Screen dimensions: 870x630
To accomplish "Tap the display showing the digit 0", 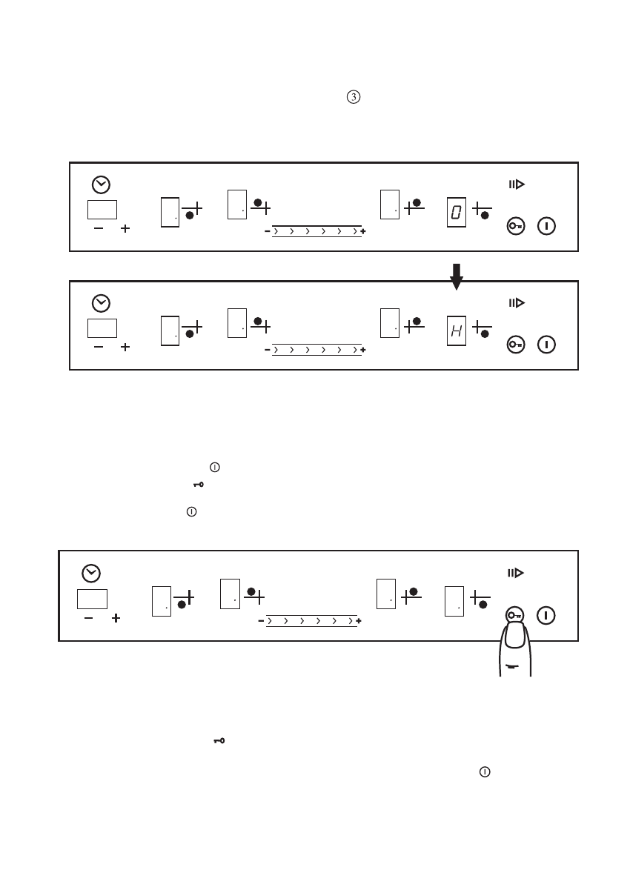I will click(x=457, y=213).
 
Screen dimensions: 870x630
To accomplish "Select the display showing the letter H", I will click(x=457, y=331).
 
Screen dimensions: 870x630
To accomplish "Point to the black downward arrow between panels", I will click(x=457, y=276).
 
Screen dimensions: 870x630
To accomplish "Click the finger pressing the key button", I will click(x=514, y=648).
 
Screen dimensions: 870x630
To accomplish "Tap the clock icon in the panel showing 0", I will click(x=101, y=185).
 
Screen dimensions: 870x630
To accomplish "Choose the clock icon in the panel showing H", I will click(x=101, y=303).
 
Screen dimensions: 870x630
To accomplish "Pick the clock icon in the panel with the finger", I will click(x=91, y=573).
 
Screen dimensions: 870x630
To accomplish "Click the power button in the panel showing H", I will click(x=547, y=345).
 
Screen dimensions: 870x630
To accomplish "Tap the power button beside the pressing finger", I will click(x=547, y=615).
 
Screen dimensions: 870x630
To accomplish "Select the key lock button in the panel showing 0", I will click(x=516, y=226).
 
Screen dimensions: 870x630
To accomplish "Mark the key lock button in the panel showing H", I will click(x=516, y=345).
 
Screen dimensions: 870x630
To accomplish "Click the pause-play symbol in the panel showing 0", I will click(x=516, y=185).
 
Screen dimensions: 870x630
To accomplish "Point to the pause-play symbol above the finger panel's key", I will click(x=516, y=573).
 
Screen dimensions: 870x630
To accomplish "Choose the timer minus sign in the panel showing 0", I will click(x=99, y=229).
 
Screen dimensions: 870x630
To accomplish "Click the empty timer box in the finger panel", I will click(x=92, y=599).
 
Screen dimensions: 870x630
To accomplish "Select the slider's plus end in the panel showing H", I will click(x=363, y=351).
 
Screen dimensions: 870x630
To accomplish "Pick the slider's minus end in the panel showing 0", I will click(x=268, y=232).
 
